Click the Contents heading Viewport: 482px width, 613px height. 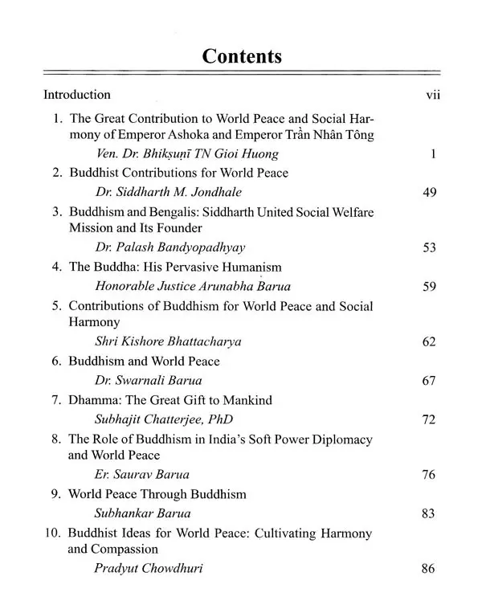[x=242, y=56]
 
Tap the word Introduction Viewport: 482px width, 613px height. [x=77, y=95]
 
